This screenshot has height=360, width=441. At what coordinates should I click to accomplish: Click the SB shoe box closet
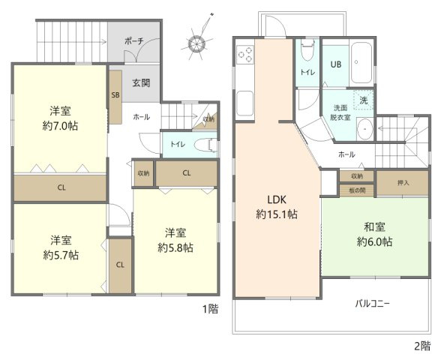coord(115,95)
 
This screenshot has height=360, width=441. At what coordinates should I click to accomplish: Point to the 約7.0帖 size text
coord(59,125)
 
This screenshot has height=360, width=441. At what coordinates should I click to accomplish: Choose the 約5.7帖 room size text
coord(60,254)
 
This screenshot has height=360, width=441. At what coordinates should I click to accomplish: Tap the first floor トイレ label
coord(177,144)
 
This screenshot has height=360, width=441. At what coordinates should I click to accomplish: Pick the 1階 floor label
coord(211,308)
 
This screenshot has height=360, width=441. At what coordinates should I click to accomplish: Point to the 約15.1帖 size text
coord(277,214)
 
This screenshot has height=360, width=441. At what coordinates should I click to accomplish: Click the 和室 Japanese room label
coord(373,226)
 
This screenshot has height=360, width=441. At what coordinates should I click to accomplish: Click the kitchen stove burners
coord(245,55)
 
